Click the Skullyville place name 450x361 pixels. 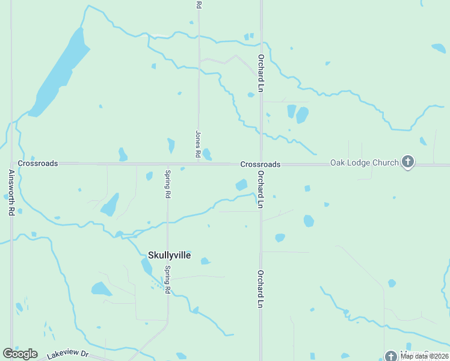tap(169, 255)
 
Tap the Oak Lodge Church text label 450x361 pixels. tap(364, 163)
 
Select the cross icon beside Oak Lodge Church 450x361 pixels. tap(408, 161)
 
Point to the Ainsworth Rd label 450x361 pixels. tap(11, 193)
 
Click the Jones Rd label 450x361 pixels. tap(198, 144)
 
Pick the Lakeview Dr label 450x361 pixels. tap(67, 355)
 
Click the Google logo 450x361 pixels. tap(20, 354)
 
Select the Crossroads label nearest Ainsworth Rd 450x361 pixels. tap(38, 163)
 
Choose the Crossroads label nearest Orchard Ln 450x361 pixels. tap(260, 164)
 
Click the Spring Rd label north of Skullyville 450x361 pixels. tap(168, 185)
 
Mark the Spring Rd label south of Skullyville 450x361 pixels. tap(168, 280)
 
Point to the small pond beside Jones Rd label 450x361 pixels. tap(207, 155)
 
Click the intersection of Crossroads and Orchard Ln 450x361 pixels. tap(261, 164)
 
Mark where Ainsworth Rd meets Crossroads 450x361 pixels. tap(11, 163)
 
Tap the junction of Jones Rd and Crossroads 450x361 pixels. tap(199, 164)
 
